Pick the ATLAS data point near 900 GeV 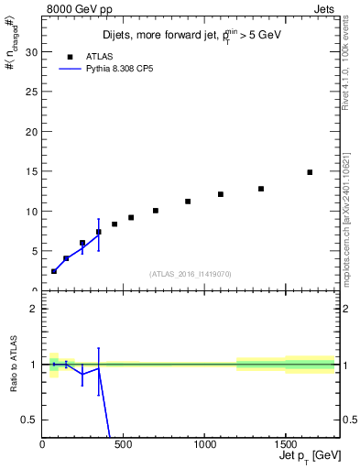[188, 202]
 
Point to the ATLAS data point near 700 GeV [156, 211]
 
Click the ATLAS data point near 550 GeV [131, 217]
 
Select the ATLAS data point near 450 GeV [115, 224]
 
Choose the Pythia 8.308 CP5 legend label [120, 68]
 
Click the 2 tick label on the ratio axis [33, 309]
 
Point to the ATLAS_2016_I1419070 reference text [190, 273]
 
